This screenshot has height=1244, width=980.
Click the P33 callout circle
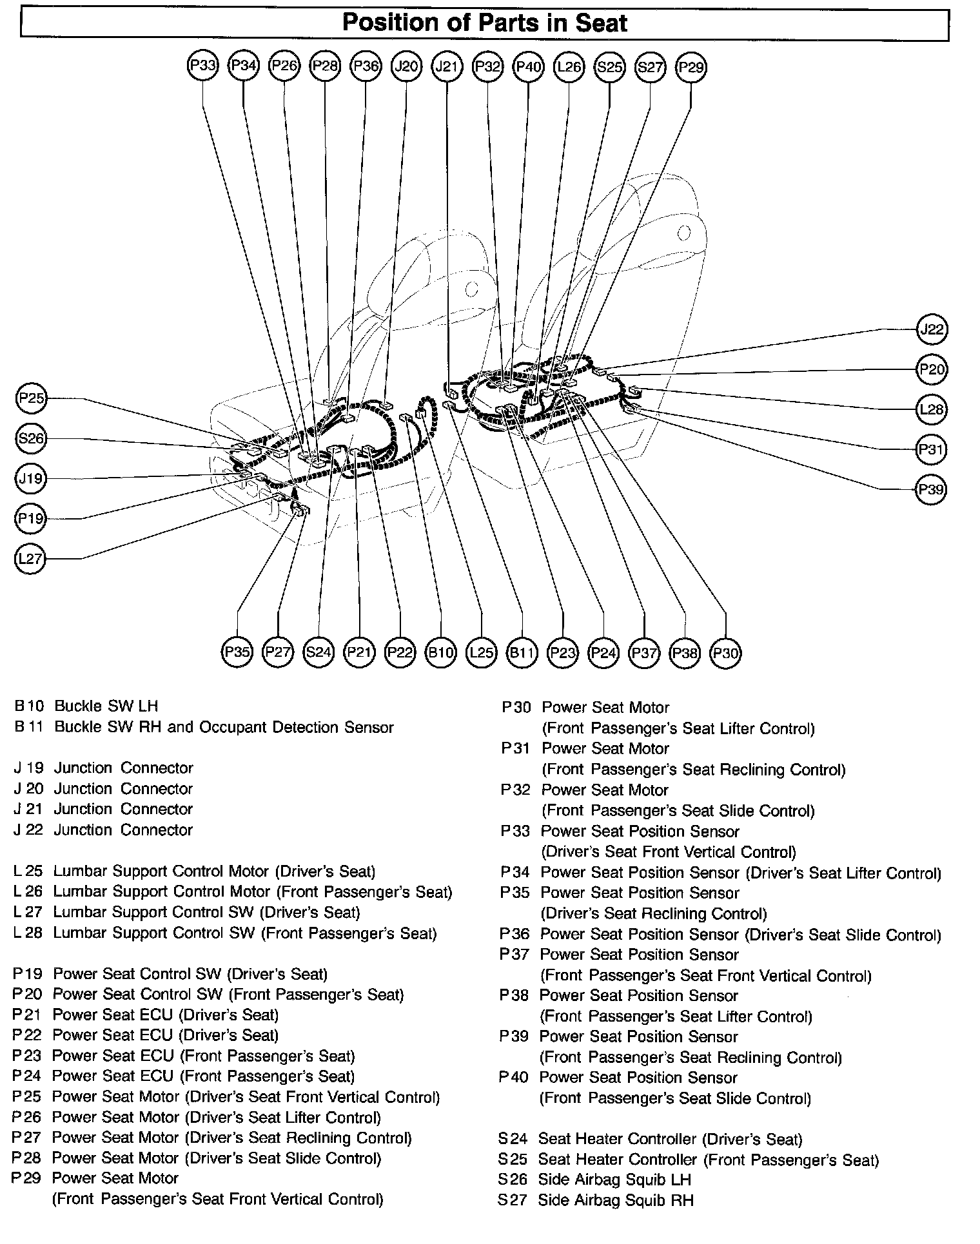point(203,66)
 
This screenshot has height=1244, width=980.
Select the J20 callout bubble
point(406,66)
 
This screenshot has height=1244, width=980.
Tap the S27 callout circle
point(650,66)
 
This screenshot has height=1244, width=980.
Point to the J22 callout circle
point(932,330)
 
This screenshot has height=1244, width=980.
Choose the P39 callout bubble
point(932,489)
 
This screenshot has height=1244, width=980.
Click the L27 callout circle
point(30,558)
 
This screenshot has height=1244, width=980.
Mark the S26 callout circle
point(30,439)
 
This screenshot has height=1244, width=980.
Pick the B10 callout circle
point(441,652)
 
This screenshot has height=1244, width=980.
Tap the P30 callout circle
point(725,653)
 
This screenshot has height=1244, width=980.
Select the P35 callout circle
point(237,652)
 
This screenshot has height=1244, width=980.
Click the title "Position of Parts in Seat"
point(484,24)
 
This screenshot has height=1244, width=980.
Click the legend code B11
point(29,727)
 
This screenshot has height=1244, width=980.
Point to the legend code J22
point(28,830)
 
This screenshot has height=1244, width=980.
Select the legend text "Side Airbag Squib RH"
point(616,1200)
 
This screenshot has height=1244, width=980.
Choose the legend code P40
point(514,1078)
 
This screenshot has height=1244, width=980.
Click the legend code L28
point(28,933)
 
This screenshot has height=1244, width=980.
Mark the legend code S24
point(513,1140)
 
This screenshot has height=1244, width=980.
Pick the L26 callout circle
point(569,66)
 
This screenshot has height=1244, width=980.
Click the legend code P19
point(26,974)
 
